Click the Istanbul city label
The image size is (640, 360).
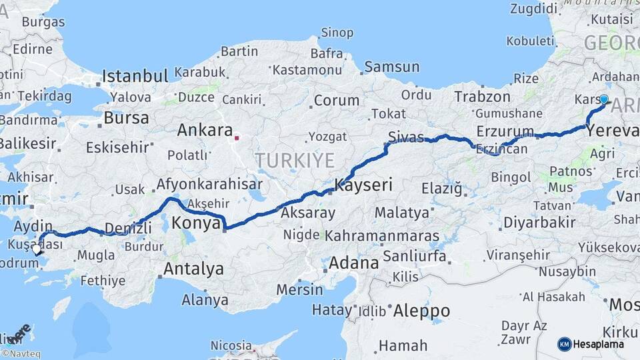click(135, 75)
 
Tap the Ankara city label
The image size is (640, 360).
click(205, 130)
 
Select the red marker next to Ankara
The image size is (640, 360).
click(237, 138)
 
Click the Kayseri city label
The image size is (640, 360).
click(363, 185)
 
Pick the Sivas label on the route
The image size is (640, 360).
click(406, 137)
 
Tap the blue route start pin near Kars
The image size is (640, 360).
click(603, 100)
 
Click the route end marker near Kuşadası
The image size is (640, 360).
click(37, 249)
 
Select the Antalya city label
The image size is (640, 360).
click(193, 269)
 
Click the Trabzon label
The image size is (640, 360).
click(477, 97)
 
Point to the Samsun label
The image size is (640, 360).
click(392, 67)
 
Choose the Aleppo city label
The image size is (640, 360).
click(421, 311)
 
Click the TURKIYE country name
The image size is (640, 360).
click(294, 160)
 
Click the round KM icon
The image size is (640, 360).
click(564, 344)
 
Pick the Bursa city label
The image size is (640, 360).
click(126, 119)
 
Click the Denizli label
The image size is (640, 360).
click(128, 229)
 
